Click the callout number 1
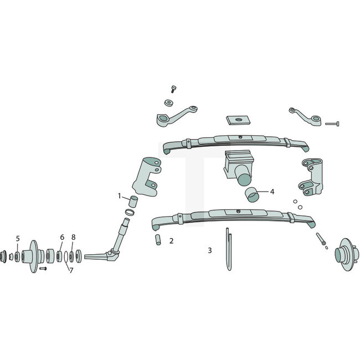(119, 196)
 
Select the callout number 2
(171, 241)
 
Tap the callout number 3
(209, 250)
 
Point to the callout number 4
(272, 192)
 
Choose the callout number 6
(62, 237)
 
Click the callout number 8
(73, 237)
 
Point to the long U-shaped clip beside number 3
(229, 249)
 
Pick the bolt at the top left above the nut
(173, 89)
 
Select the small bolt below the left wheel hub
(43, 269)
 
